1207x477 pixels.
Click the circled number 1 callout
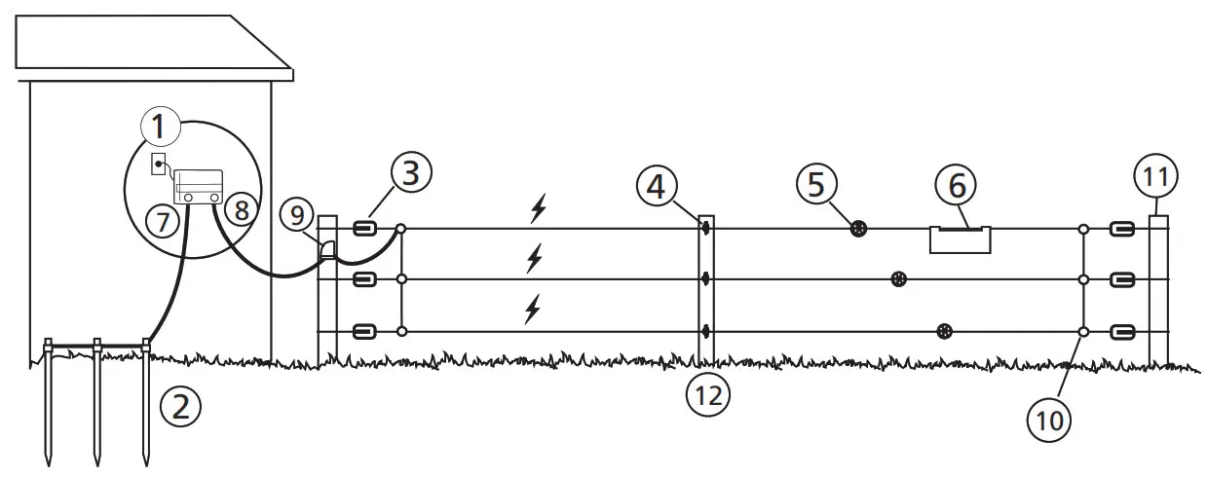160,127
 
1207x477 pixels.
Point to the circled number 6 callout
959,184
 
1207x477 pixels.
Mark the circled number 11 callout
1156,176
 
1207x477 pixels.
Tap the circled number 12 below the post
706,395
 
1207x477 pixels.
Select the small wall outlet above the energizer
158,164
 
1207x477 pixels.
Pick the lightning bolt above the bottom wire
532,310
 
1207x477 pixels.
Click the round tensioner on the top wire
858,230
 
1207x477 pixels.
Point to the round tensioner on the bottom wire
943,332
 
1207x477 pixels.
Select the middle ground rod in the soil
97,399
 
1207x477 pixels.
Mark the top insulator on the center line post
704,229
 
